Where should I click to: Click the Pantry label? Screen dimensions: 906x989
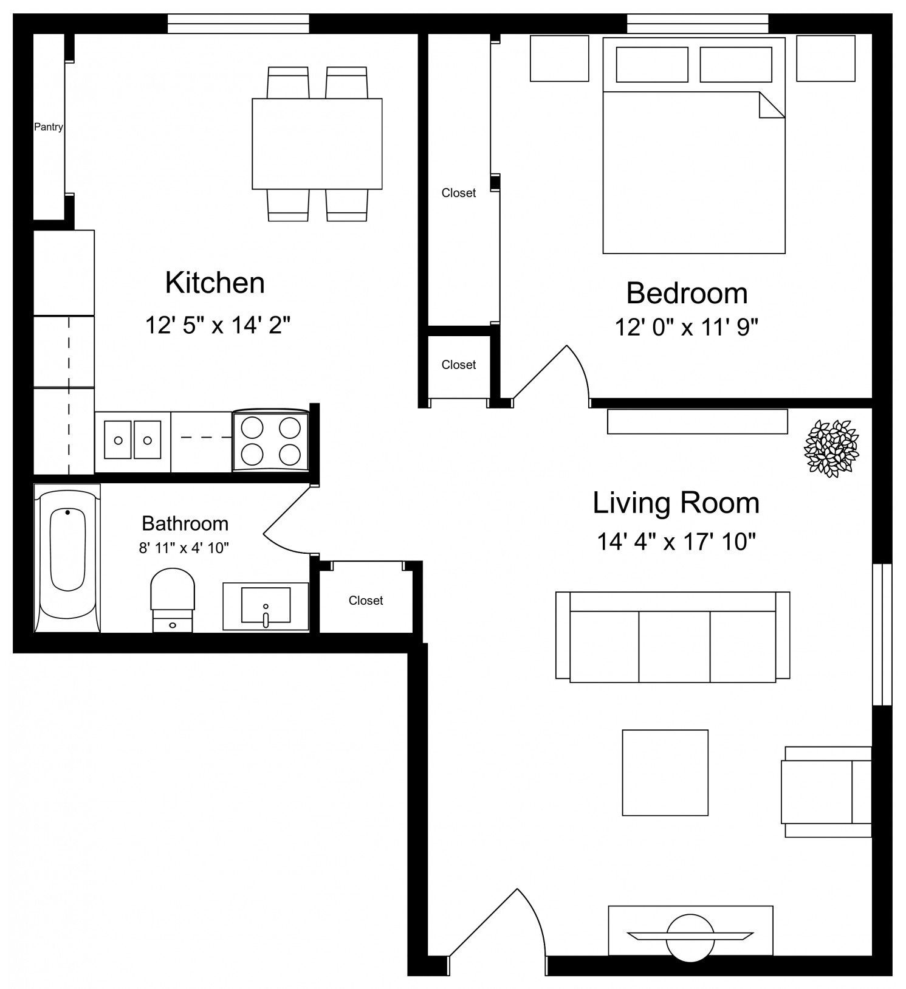coord(49,127)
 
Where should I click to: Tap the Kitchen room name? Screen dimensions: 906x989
coord(215,283)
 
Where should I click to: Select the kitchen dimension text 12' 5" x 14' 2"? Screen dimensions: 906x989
coord(218,325)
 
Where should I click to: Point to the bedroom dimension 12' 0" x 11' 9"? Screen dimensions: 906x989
coord(687,328)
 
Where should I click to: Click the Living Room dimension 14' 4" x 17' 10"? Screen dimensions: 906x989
coord(676,541)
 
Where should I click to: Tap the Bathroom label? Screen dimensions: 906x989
coord(185,523)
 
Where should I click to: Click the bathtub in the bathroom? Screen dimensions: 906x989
coord(67,558)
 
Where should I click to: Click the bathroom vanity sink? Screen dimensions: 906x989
coord(266,606)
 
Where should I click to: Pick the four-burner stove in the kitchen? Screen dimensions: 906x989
coord(270,440)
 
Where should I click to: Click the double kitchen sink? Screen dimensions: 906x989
coord(133,439)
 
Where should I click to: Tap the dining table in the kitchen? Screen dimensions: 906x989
coord(317,143)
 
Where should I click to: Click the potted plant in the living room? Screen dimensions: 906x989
coord(831,447)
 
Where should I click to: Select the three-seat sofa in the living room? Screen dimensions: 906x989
coord(673,636)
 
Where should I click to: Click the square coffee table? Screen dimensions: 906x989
coord(665,773)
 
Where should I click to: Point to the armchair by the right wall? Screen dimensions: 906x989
coord(828,791)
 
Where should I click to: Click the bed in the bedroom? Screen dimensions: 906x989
coord(694,145)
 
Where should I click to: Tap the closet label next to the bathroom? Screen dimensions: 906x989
coord(366,601)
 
